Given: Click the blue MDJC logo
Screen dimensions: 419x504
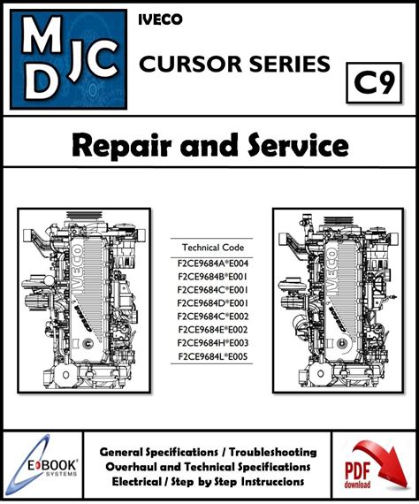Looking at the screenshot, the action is click(68, 59).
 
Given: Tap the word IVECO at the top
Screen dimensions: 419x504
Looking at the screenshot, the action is click(160, 20).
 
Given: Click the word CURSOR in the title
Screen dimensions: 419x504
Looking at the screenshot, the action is click(190, 64).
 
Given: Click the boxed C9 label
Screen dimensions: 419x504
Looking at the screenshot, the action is click(374, 83).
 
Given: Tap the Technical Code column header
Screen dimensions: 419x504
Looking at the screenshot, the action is click(213, 248).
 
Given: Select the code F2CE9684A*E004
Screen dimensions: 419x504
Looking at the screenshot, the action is click(213, 263).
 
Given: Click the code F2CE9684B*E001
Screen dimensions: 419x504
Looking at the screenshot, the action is click(213, 277).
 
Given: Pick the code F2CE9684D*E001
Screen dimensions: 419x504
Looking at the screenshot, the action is click(213, 303).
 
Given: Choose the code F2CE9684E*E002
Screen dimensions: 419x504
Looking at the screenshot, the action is click(213, 330).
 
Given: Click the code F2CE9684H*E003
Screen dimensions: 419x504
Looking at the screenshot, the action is click(213, 343).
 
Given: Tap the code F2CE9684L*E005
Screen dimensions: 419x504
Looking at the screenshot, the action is click(213, 356).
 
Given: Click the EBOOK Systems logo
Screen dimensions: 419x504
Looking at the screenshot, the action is click(42, 465).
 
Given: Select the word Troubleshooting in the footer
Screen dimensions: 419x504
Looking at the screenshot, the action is click(273, 452).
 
